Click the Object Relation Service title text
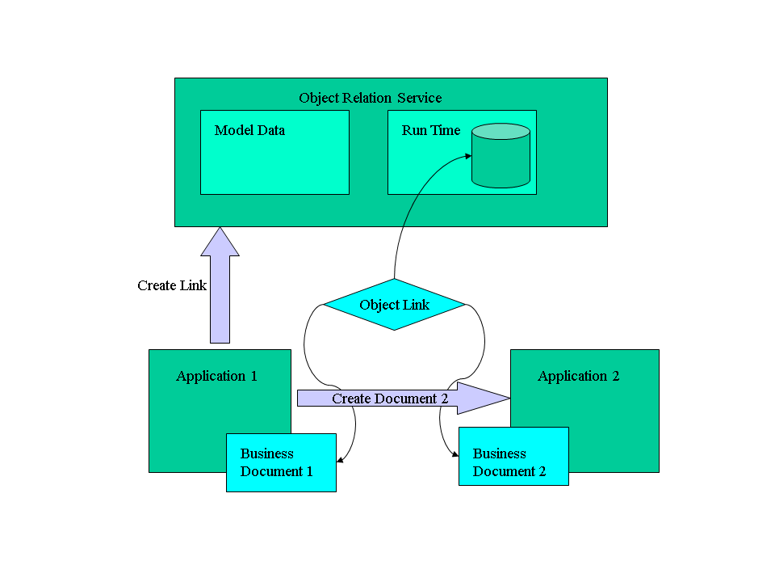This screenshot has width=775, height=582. pyautogui.click(x=370, y=98)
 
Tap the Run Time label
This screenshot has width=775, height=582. pyautogui.click(x=430, y=130)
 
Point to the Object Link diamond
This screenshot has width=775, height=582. pyautogui.click(x=394, y=305)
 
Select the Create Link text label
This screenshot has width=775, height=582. pyautogui.click(x=171, y=285)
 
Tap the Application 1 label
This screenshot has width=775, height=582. pyautogui.click(x=216, y=376)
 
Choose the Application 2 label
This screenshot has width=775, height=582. pyautogui.click(x=578, y=376)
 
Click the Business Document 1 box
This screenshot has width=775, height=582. pyautogui.click(x=280, y=462)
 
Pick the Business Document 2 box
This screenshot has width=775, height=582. pyautogui.click(x=513, y=457)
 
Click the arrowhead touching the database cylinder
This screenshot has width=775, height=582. pyautogui.click(x=468, y=158)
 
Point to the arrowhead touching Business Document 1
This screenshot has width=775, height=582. pyautogui.click(x=339, y=462)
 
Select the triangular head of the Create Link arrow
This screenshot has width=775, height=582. pyautogui.click(x=220, y=242)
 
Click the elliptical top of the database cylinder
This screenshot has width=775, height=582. pyautogui.click(x=501, y=131)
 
